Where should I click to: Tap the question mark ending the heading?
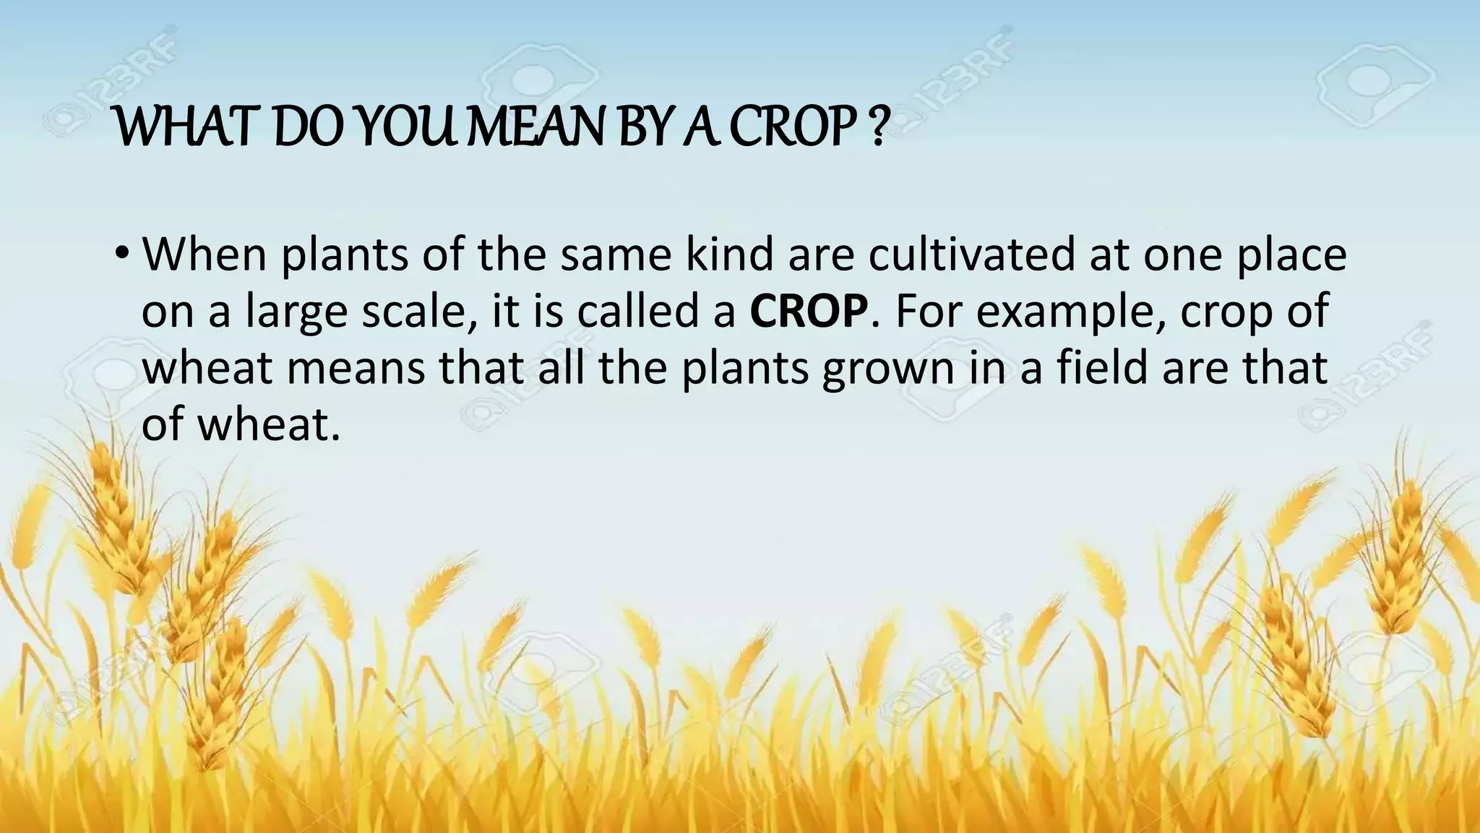click(x=877, y=129)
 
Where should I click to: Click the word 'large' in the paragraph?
click(x=297, y=312)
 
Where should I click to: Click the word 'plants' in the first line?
click(x=345, y=256)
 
